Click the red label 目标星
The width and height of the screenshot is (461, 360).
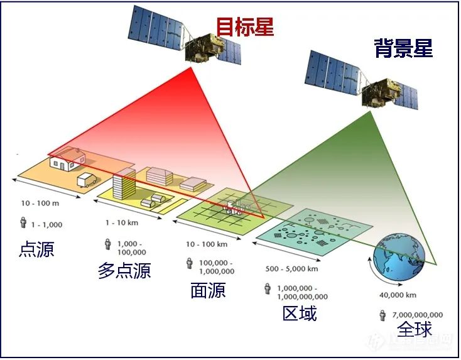coord(245,26)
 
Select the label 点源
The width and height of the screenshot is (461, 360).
coord(36,249)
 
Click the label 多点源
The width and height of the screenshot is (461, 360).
coord(124,270)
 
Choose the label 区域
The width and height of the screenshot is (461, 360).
coord(300,312)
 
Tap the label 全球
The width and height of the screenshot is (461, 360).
coord(415,329)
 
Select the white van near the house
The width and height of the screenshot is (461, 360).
coord(87,181)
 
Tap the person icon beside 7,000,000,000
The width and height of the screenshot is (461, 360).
coord(382,315)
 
